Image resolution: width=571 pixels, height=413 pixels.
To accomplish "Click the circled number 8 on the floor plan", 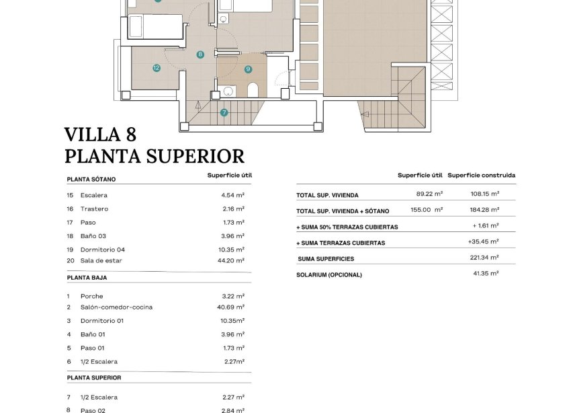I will [200, 54].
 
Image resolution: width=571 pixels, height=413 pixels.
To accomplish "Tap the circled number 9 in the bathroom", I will [248, 69].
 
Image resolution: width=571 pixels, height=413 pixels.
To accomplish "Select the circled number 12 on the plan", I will [157, 68].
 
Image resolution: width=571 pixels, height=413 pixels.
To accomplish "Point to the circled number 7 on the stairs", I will [224, 112].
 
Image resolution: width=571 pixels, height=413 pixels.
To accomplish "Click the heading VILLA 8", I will [100, 135].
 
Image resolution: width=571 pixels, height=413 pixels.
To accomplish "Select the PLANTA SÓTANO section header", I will [91, 180].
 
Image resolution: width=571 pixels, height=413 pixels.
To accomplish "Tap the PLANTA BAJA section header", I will [87, 277].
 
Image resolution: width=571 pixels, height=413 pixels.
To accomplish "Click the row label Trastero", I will [94, 209].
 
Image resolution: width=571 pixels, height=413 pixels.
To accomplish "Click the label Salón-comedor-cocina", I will [116, 307].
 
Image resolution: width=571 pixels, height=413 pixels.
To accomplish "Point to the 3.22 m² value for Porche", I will [233, 296].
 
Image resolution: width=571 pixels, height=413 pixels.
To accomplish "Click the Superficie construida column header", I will [482, 176].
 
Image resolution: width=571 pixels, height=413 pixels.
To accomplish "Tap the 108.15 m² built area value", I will [485, 195].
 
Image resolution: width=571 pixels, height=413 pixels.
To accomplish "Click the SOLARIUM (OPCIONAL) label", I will [329, 275].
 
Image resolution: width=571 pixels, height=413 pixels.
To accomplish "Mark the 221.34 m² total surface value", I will [485, 258].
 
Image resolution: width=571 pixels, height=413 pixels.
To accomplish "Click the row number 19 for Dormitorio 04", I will [70, 250].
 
